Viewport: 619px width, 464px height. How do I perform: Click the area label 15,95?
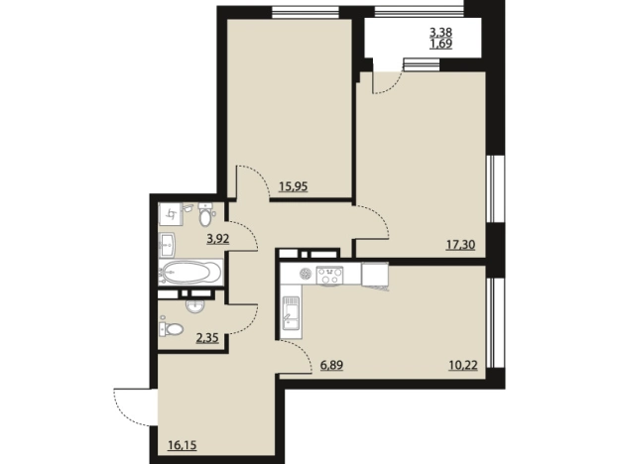[x=293, y=186]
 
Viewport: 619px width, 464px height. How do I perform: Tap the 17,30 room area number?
[x=460, y=245]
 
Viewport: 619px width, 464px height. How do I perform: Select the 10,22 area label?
[x=463, y=366]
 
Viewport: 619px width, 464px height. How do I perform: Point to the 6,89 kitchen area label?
[x=331, y=366]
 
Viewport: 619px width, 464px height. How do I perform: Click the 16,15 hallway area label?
[x=183, y=445]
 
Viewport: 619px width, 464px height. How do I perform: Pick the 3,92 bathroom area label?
[x=218, y=239]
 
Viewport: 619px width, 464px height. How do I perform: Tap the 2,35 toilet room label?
[x=207, y=338]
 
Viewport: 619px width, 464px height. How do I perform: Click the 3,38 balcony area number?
[x=441, y=32]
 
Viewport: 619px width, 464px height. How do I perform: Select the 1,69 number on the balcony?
[x=441, y=44]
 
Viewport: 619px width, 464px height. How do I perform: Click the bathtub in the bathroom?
[x=191, y=273]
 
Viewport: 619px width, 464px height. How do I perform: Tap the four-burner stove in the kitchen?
[x=329, y=275]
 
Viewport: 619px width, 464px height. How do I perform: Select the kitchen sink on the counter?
[x=292, y=312]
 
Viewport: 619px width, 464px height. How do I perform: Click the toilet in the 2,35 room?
[x=172, y=328]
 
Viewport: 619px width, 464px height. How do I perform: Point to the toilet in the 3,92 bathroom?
[x=205, y=214]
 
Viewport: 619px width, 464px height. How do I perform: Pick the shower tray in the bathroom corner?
[x=171, y=214]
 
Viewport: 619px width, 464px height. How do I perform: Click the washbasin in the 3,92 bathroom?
[x=168, y=244]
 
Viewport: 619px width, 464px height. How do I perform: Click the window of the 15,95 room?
[x=306, y=12]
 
